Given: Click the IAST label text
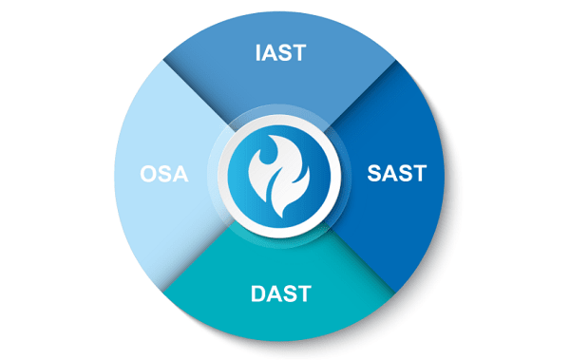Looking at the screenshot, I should [280, 52].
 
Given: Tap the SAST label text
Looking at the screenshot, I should [396, 175].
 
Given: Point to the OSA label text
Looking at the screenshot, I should [164, 175].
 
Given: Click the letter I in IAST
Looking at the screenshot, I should [258, 52].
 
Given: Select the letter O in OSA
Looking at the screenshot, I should [147, 175].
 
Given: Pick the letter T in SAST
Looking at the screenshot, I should [419, 175].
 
